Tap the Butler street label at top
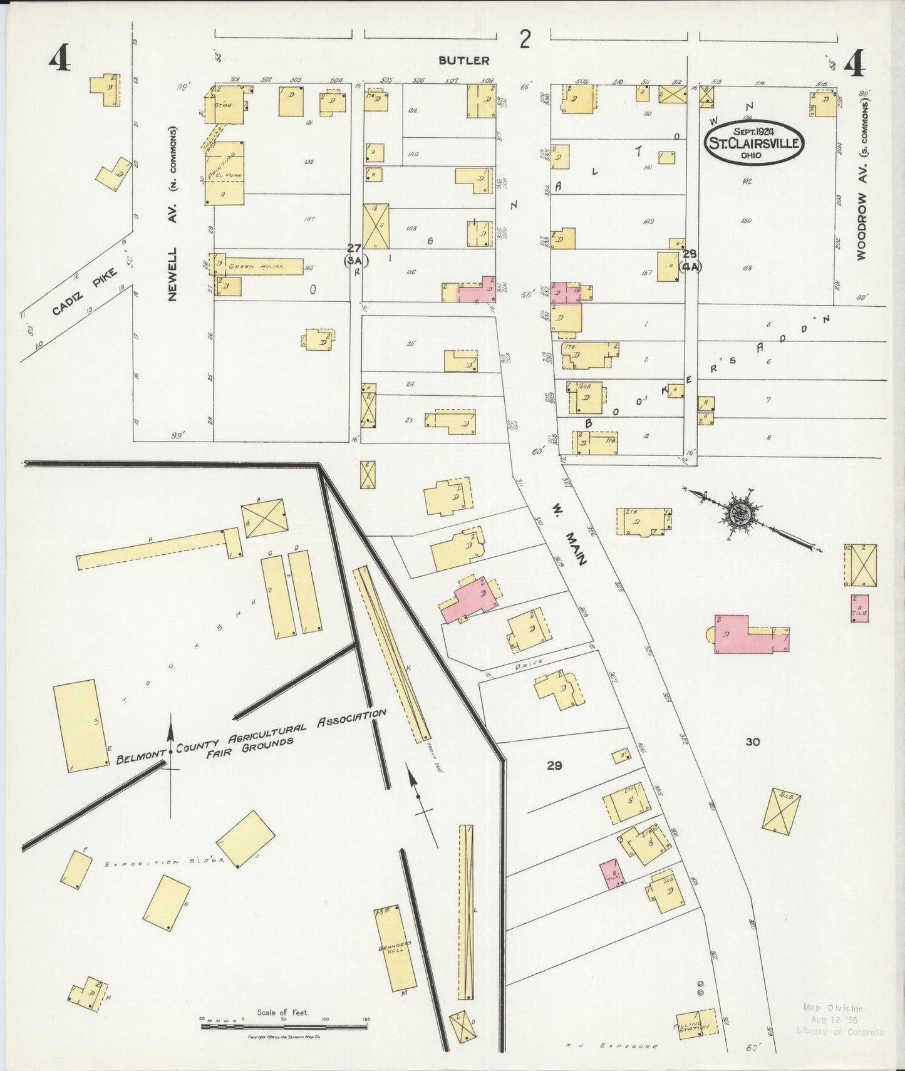click(x=463, y=61)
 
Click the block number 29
click(x=554, y=765)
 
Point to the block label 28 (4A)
click(x=690, y=259)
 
